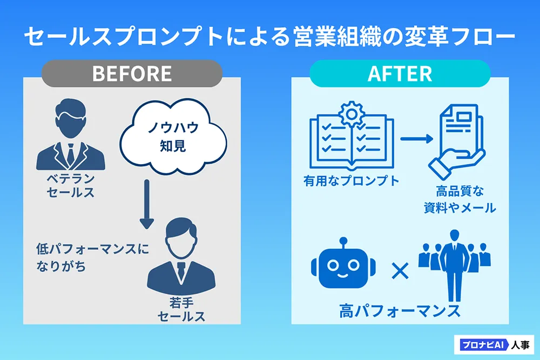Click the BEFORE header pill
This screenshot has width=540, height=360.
coord(132,73)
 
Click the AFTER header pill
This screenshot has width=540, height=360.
coord(400,73)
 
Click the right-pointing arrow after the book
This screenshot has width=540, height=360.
coord(416,139)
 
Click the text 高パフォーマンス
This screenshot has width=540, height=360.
coord(400,311)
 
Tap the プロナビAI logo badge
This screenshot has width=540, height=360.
coord(494,345)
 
